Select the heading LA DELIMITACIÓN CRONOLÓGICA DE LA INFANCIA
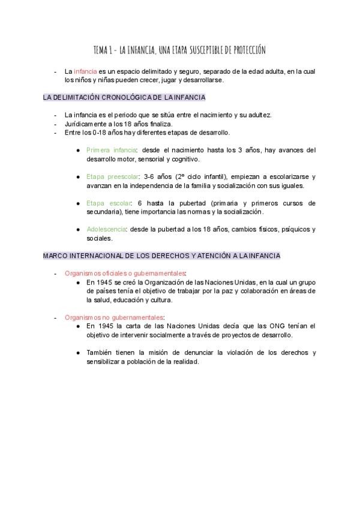pyautogui.click(x=124, y=97)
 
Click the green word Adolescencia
pyautogui.click(x=106, y=229)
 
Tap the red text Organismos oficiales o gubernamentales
pyautogui.click(x=118, y=273)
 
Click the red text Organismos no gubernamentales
pyautogui.click(x=115, y=317)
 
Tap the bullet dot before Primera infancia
pyautogui.click(x=79, y=150)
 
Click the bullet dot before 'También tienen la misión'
pyautogui.click(x=79, y=352)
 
